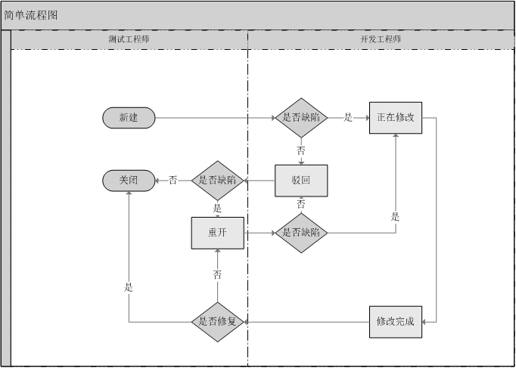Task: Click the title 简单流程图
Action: (x=31, y=15)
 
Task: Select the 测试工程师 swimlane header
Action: (x=129, y=39)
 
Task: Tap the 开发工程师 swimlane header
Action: (x=381, y=39)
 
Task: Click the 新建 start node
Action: (x=129, y=118)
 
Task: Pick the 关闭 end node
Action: (x=129, y=181)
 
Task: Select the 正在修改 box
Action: (x=396, y=118)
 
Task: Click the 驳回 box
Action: (x=301, y=181)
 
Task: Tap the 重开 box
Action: (x=218, y=233)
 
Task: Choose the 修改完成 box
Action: (x=396, y=322)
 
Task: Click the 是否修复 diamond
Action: (x=218, y=322)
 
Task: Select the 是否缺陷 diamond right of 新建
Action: (x=301, y=118)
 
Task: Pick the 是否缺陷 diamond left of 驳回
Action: (x=218, y=181)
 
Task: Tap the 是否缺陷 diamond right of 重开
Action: (x=301, y=233)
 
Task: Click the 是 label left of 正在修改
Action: (x=348, y=118)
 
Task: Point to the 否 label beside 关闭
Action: (x=173, y=181)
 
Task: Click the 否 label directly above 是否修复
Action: (x=218, y=275)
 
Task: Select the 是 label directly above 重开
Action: (x=218, y=209)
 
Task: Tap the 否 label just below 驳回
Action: (x=301, y=205)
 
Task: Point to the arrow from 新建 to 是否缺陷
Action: (x=212, y=118)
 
